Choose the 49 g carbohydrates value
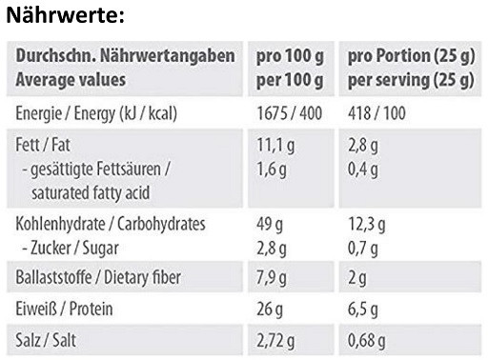click(x=272, y=225)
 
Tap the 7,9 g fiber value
click(x=275, y=278)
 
